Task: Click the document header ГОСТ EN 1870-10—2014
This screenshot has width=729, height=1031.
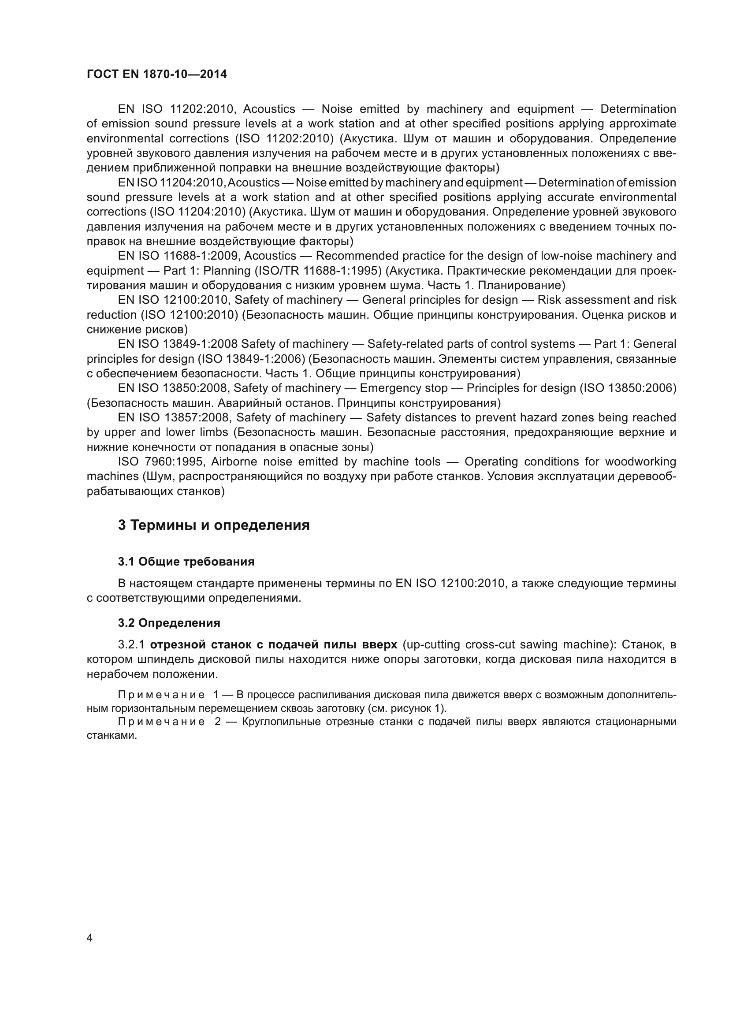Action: tap(156, 74)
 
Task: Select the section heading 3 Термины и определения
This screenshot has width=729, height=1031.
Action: tap(214, 525)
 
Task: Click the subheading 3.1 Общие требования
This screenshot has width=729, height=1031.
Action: tap(186, 562)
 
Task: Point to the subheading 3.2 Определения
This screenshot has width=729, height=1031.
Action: tap(169, 623)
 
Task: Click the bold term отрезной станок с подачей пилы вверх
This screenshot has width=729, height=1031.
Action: tap(273, 645)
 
